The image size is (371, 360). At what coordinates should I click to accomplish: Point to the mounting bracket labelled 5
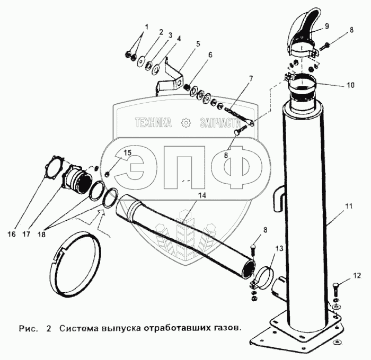[x=169, y=77]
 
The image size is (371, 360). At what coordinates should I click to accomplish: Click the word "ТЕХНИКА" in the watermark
[x=153, y=123]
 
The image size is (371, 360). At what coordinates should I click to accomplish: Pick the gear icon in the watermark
[x=185, y=123]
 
